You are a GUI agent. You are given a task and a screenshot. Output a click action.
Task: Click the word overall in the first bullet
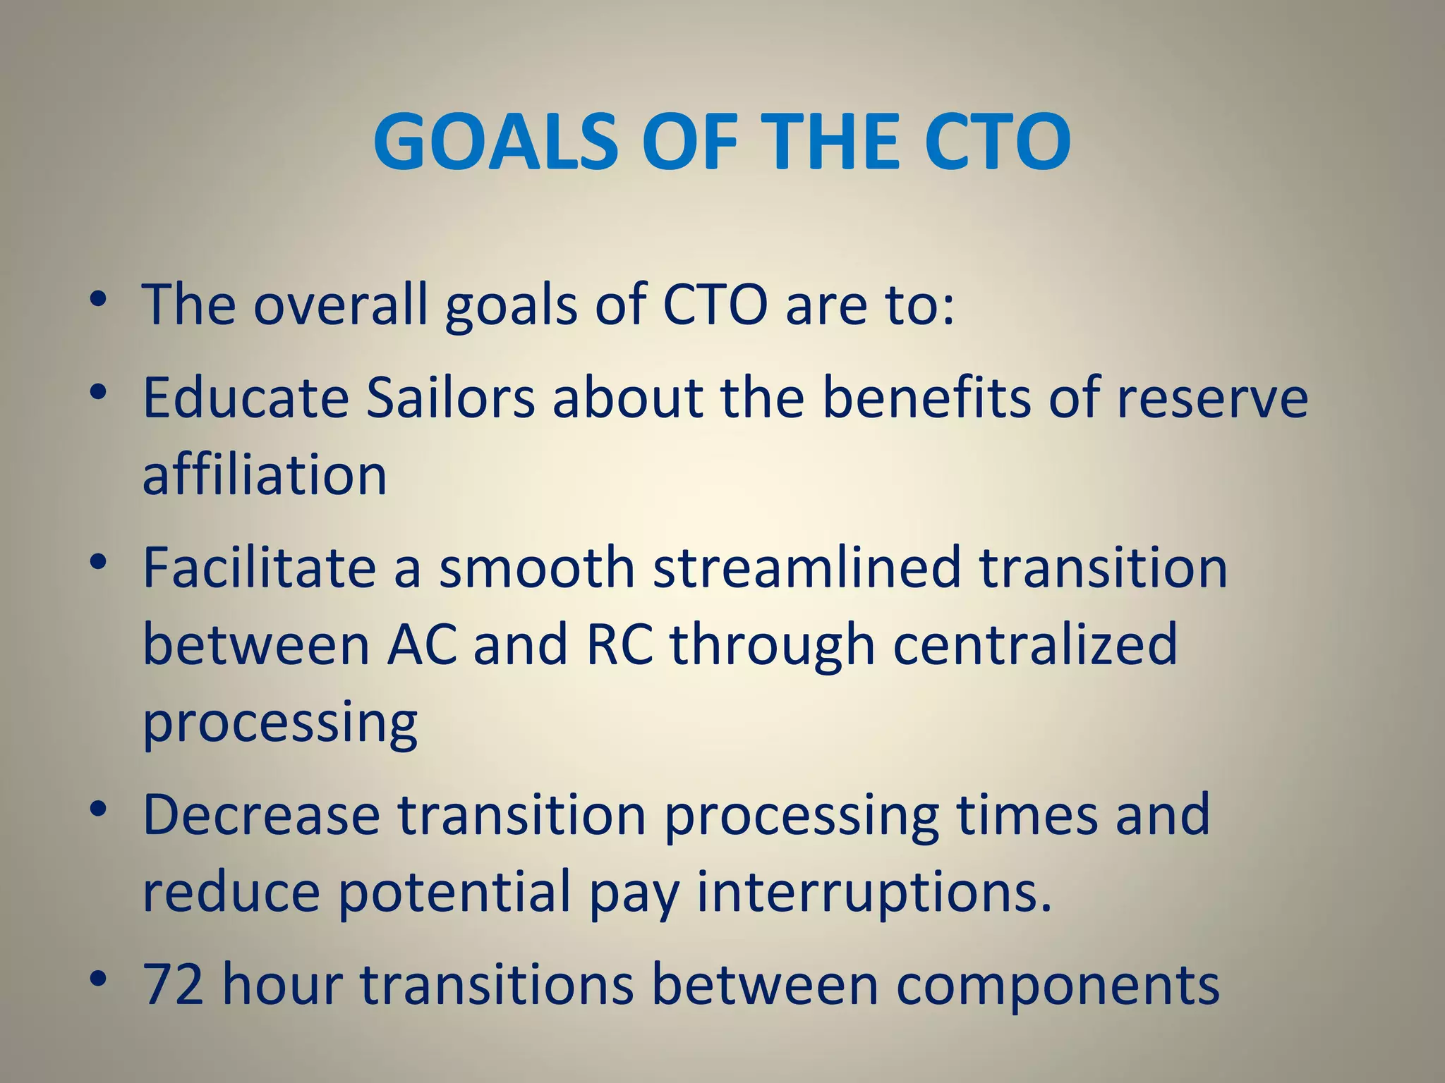click(x=340, y=305)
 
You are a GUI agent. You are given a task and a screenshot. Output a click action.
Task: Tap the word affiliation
click(x=265, y=475)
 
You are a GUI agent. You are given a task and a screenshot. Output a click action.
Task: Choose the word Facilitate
click(x=259, y=568)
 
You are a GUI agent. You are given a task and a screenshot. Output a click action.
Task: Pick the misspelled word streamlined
click(x=807, y=568)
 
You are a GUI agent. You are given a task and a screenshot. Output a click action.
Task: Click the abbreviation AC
click(x=421, y=644)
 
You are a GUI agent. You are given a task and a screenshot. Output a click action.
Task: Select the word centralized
click(x=1035, y=644)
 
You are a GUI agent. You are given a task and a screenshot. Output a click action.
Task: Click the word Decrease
click(x=261, y=815)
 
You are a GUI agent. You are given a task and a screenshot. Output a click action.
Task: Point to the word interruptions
click(x=874, y=892)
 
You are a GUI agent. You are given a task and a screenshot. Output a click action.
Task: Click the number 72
click(x=173, y=985)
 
